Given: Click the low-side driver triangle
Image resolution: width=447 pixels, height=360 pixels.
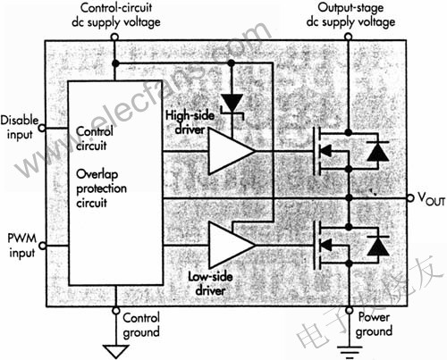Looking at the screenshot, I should click(229, 244).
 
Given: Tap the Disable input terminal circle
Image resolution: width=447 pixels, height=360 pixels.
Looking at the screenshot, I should click(39, 132).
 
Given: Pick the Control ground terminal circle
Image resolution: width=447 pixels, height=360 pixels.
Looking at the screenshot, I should click(116, 309).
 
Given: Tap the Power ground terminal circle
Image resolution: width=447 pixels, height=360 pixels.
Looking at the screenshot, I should click(347, 309).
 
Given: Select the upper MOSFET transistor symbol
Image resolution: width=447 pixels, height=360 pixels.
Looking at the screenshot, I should click(329, 151).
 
